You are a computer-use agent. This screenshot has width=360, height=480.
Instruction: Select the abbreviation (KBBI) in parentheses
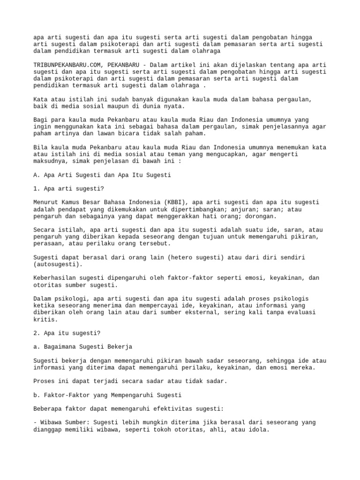(166, 202)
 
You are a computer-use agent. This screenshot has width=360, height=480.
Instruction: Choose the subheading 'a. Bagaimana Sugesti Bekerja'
(83, 346)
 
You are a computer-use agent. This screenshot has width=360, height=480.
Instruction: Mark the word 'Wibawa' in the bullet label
(52, 422)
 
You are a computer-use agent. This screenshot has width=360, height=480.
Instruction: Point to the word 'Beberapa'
(48, 409)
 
